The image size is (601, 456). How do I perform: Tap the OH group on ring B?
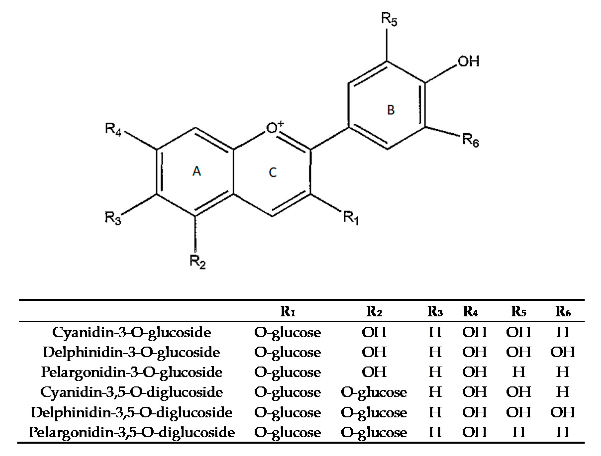468,61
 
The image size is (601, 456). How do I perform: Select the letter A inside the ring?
197,171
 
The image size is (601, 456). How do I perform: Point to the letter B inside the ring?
391,110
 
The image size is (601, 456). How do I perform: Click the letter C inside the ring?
273,172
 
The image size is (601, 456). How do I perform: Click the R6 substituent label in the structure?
470,141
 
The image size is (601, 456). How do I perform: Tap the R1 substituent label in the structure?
351,218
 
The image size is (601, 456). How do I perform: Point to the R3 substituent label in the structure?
113,218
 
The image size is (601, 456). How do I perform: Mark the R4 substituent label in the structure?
113,129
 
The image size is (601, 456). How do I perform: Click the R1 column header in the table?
288,311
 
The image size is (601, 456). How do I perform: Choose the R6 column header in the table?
563,311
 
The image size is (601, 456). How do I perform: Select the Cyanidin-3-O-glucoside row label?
132,332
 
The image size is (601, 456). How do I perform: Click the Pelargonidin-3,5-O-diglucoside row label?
132,432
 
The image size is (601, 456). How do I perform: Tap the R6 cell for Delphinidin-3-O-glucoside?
563,352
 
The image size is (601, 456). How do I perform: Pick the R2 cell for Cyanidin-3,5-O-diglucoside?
374,392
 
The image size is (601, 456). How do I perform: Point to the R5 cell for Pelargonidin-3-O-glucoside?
518,372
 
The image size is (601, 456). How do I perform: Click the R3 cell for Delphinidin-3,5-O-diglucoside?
435,412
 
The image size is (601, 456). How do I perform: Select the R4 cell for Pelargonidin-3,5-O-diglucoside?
474,432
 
